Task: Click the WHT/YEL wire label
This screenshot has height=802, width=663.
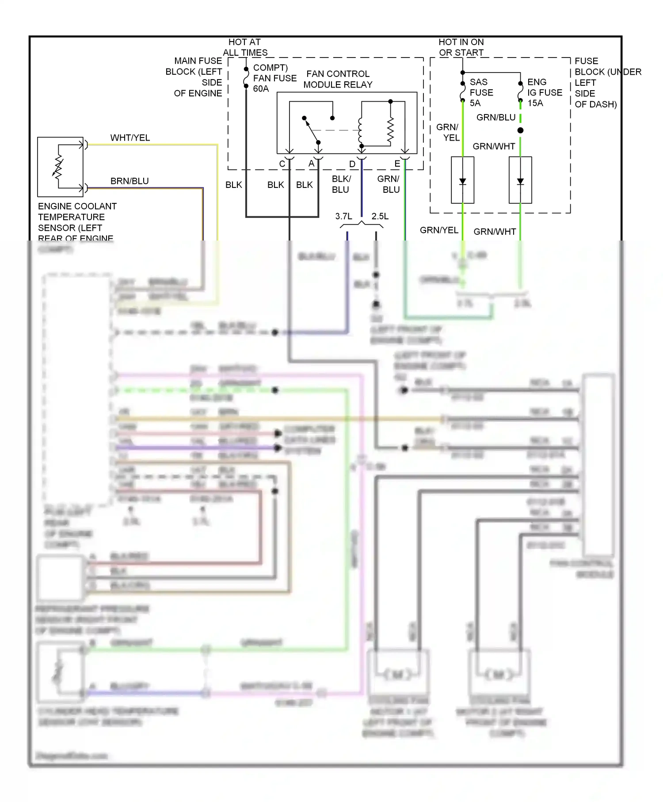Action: (130, 137)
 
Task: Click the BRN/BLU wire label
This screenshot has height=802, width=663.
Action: (130, 181)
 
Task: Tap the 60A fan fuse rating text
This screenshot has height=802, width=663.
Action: (261, 89)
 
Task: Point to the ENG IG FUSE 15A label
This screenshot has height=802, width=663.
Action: (544, 92)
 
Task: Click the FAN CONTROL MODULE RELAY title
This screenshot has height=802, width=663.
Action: (338, 79)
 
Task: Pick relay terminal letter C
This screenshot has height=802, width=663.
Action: (282, 164)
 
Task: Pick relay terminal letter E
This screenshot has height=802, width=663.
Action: (397, 164)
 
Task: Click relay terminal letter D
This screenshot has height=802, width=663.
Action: (352, 164)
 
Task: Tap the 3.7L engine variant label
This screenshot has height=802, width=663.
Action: (343, 216)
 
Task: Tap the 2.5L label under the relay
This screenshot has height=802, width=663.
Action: (380, 216)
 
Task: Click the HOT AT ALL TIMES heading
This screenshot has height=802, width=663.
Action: (245, 47)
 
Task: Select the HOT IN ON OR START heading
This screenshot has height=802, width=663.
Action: (461, 47)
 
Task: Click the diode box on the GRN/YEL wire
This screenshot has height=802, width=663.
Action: (462, 180)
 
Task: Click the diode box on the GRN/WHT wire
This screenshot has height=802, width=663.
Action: (520, 180)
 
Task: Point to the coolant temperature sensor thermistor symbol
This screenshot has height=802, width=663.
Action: (58, 167)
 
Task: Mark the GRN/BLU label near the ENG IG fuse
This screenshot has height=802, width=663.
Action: (496, 118)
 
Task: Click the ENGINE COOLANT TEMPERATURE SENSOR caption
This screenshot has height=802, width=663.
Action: (77, 222)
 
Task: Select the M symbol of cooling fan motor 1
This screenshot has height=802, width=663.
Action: (397, 675)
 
